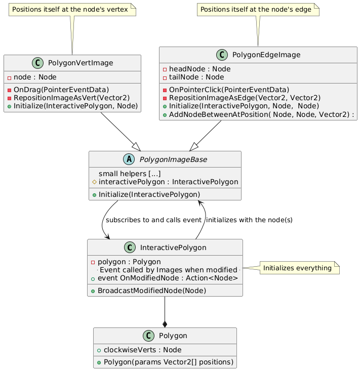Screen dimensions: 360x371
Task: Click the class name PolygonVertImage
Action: point(81,63)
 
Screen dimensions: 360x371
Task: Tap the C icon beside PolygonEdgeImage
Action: point(222,55)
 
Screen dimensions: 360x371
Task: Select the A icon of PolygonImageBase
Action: point(129,159)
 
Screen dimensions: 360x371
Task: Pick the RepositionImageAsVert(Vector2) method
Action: point(72,98)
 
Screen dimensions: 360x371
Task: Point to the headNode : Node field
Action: point(200,69)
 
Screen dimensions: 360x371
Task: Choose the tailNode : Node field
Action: point(196,77)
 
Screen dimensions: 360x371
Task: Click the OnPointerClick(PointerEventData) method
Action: point(229,90)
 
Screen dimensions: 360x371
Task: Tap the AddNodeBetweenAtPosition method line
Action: point(262,114)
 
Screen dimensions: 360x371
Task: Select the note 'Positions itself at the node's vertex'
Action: point(72,10)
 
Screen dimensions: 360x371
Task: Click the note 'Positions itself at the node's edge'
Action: point(258,10)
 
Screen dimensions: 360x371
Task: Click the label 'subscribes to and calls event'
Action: point(153,220)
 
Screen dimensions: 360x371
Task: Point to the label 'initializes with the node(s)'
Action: point(249,220)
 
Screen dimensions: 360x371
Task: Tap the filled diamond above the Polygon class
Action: point(165,324)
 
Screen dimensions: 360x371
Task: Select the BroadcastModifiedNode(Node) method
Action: point(152,291)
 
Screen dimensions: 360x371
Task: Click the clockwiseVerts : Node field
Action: point(142,350)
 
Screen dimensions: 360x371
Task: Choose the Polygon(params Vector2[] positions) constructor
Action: point(169,362)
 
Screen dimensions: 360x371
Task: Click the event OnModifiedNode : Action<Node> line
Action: point(168,278)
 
